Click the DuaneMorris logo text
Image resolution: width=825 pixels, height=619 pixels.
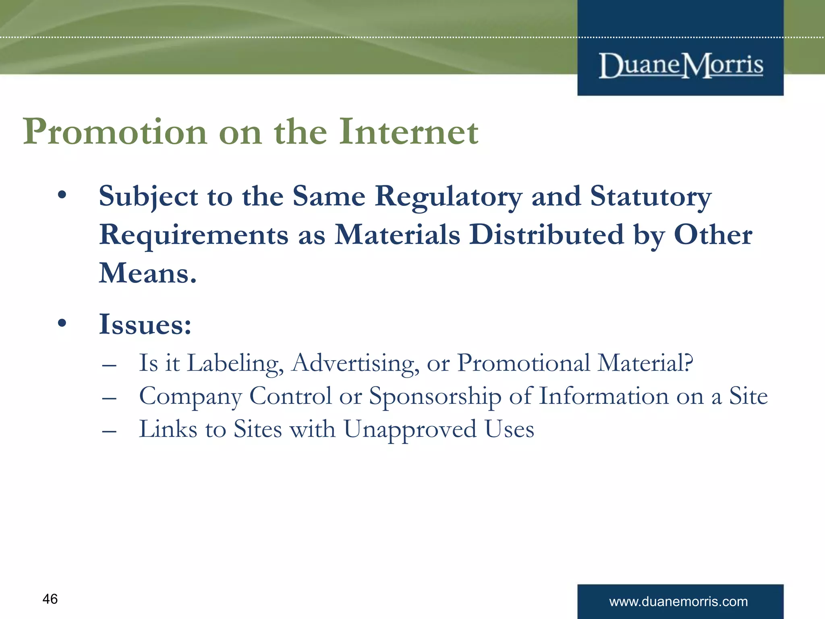point(680,65)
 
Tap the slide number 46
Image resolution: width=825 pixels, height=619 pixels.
point(50,599)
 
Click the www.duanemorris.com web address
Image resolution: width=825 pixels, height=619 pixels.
point(678,601)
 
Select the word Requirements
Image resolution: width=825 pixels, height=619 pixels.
point(194,235)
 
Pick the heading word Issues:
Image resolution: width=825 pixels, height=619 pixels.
point(145,324)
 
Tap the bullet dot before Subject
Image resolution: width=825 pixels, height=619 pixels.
point(62,195)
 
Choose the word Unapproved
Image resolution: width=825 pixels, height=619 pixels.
point(410,430)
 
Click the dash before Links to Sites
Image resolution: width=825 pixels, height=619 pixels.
point(109,431)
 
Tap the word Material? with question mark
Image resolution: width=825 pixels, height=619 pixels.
point(645,363)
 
